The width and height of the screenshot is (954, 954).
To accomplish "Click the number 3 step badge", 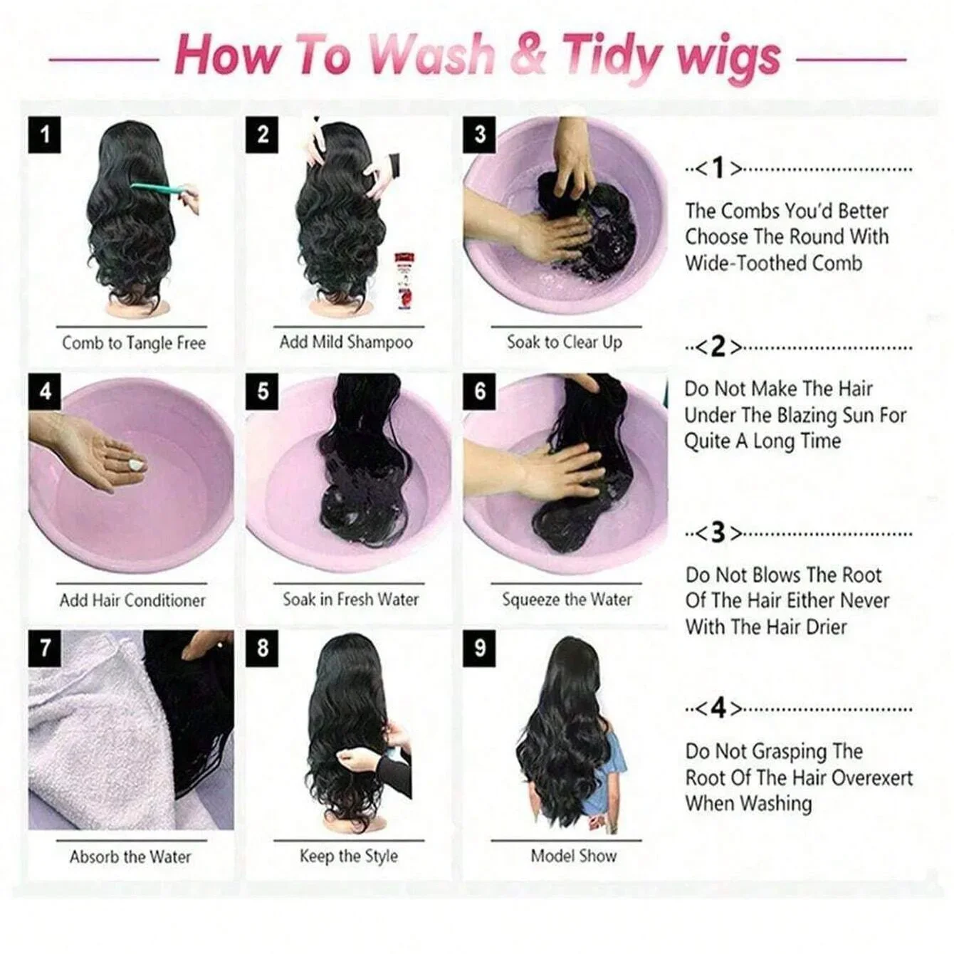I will (x=479, y=134).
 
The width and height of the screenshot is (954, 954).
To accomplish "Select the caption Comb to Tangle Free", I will (x=134, y=343).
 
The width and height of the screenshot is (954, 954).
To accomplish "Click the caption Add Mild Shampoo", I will (x=346, y=342).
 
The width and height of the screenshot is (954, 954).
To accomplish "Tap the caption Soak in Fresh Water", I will (x=350, y=599).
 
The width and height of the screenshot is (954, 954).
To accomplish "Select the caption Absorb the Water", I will (x=130, y=856).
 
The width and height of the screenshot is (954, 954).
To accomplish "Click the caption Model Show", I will (x=573, y=856).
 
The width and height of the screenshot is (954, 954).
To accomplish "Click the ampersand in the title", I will (x=528, y=56).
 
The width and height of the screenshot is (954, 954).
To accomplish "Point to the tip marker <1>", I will (x=718, y=169).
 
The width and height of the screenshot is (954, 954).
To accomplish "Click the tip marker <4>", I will (x=718, y=708).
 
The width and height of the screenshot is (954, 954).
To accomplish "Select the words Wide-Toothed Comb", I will (x=774, y=263).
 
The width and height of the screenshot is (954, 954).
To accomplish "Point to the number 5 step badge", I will (x=263, y=391).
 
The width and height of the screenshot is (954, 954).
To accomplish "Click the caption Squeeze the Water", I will (x=567, y=599).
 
